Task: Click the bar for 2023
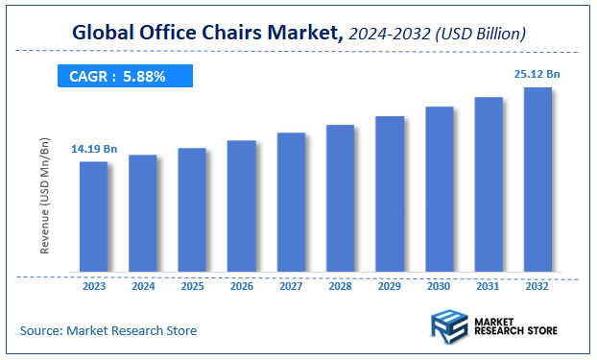coord(93,217)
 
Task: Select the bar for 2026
coord(242,206)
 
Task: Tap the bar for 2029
coord(390,195)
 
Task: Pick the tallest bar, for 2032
coord(537,180)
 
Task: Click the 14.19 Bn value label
coord(94,149)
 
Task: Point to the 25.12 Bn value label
coord(537,73)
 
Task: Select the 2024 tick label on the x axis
coord(143,286)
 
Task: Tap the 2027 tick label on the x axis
coord(291,286)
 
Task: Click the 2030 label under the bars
coord(439,286)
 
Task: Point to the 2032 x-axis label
coord(537,286)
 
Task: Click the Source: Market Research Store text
coord(108,330)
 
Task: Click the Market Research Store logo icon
coord(448,326)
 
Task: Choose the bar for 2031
coord(489,185)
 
